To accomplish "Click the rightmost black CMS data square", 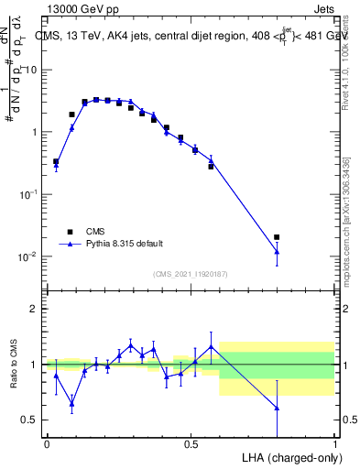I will click(x=277, y=237).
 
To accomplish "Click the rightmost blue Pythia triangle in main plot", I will click(x=277, y=251).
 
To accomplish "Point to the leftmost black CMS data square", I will click(x=56, y=161).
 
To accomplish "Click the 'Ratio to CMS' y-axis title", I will click(x=15, y=364).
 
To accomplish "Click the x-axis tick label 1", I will click(x=335, y=444).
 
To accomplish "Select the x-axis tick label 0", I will click(x=47, y=444).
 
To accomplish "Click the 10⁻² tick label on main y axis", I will click(x=27, y=256).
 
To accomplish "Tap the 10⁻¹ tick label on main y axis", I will click(x=27, y=194).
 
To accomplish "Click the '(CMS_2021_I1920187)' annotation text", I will click(x=190, y=274).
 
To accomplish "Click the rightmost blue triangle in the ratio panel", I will click(x=277, y=408).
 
